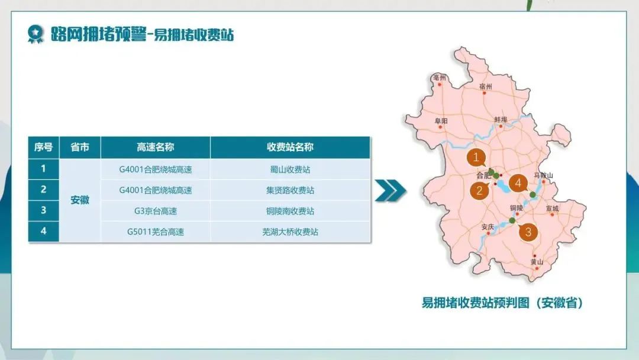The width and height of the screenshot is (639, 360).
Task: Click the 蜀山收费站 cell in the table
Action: click(x=290, y=169)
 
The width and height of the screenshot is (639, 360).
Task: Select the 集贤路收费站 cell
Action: click(x=290, y=190)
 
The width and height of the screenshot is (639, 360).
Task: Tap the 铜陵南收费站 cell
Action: click(x=290, y=211)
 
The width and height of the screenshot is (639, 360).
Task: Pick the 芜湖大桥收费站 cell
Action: click(x=290, y=232)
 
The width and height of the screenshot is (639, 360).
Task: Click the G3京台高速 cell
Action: click(x=155, y=211)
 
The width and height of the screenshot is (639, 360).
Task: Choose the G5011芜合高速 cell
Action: click(x=155, y=232)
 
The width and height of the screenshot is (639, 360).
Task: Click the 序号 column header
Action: click(x=44, y=147)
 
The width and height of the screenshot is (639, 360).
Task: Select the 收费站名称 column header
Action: click(x=290, y=147)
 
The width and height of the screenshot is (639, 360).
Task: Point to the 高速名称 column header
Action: click(x=155, y=147)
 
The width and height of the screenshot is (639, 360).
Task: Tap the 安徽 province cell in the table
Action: click(x=80, y=200)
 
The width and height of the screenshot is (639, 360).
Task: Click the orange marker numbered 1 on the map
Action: click(x=476, y=157)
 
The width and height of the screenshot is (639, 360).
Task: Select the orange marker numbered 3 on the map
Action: click(x=528, y=232)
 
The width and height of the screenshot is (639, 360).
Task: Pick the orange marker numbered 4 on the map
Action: click(x=518, y=183)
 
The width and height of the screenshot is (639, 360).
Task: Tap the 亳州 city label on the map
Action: click(x=440, y=78)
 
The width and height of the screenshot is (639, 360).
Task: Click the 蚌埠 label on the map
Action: click(x=501, y=120)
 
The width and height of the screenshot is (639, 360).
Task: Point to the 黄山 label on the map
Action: click(x=537, y=262)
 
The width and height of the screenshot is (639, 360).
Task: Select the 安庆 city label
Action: click(x=488, y=227)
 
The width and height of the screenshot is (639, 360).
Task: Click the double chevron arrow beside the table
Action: click(x=390, y=190)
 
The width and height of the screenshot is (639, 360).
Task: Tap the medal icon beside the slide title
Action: click(x=35, y=34)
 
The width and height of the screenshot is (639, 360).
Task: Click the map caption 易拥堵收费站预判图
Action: click(x=475, y=303)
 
